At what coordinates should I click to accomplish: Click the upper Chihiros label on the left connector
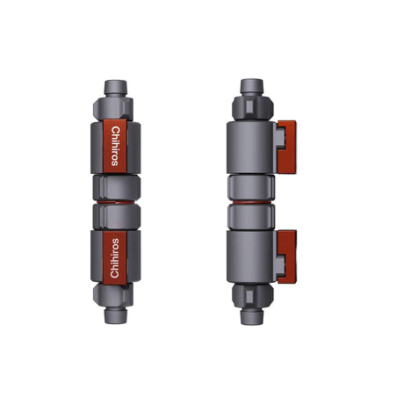117,144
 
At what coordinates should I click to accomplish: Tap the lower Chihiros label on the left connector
117,258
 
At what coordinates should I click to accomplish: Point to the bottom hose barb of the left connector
117,314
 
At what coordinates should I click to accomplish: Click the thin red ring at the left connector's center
117,201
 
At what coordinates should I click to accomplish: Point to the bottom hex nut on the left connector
117,294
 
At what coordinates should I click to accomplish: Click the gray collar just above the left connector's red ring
117,187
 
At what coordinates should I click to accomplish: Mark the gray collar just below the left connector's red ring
117,215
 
